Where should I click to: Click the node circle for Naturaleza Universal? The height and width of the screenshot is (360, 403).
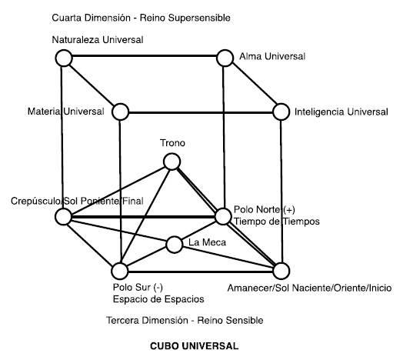[64, 58]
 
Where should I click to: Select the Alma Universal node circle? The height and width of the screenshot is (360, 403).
[225, 58]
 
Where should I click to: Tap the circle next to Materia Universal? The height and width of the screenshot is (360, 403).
[120, 112]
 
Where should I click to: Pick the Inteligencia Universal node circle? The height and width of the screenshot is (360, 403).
[281, 112]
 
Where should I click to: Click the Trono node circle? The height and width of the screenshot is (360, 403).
[172, 162]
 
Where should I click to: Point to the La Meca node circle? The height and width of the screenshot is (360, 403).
[175, 245]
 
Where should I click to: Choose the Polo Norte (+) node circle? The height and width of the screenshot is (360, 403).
[223, 216]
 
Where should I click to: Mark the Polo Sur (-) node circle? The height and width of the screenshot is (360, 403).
[120, 271]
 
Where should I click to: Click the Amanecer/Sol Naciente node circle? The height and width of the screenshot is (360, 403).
[281, 271]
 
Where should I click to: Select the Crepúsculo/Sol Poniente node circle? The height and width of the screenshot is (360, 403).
[63, 216]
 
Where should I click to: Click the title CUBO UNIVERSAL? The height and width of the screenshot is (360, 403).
[195, 346]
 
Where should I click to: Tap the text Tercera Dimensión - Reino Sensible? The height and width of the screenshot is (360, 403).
[185, 321]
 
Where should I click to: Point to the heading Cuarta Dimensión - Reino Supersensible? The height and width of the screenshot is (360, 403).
[141, 18]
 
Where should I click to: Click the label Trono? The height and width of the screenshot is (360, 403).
[172, 143]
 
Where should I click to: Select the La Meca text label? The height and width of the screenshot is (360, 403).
[207, 242]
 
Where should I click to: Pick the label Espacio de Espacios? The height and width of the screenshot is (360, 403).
[158, 299]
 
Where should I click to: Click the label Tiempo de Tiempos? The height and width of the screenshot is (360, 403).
[277, 222]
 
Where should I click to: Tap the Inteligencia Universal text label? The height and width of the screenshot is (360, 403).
[341, 112]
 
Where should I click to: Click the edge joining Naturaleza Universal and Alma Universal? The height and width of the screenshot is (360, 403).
[145, 56]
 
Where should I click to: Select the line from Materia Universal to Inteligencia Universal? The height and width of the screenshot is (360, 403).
[201, 112]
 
